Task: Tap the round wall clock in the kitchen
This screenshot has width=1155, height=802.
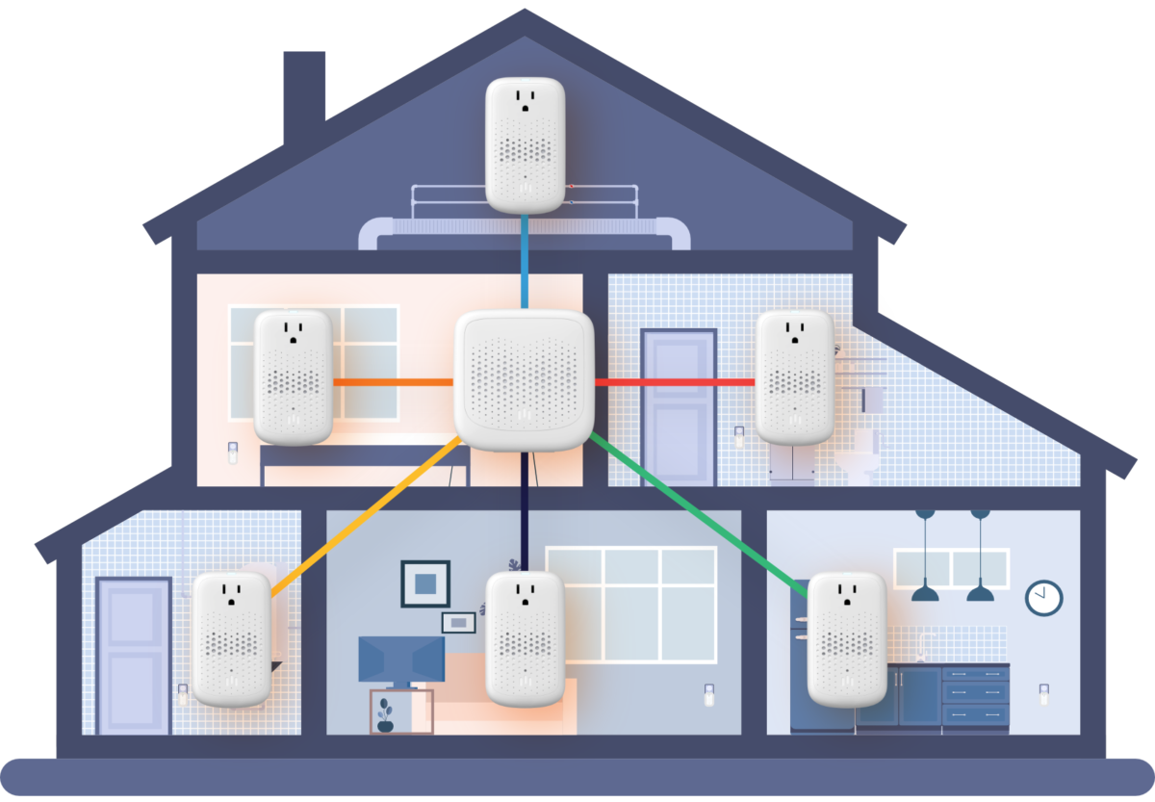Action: pyautogui.click(x=1043, y=597)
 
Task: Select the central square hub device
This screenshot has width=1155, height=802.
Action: pyautogui.click(x=524, y=380)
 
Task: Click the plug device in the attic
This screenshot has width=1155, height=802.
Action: pyautogui.click(x=525, y=144)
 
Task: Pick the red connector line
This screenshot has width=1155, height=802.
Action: pyautogui.click(x=674, y=382)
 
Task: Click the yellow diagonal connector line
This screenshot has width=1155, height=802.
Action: pyautogui.click(x=366, y=510)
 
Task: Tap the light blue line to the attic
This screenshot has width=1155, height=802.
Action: pyautogui.click(x=525, y=260)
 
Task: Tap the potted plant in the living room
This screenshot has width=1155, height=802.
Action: pyautogui.click(x=386, y=715)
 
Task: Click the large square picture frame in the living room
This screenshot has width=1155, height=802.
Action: pyautogui.click(x=425, y=583)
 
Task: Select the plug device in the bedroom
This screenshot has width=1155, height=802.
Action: pyautogui.click(x=293, y=376)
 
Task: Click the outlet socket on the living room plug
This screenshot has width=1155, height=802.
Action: pyautogui.click(x=525, y=590)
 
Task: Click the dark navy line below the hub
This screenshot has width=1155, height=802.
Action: pyautogui.click(x=525, y=510)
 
